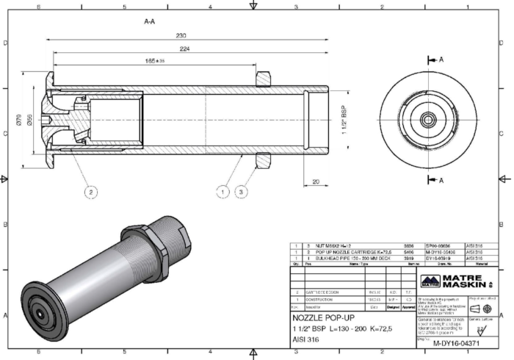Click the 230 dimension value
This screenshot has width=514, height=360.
[x=181, y=35]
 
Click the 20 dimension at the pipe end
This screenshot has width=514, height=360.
[x=314, y=181]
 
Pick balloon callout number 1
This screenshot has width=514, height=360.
[x=222, y=192]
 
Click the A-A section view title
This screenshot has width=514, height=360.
[x=149, y=22]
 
